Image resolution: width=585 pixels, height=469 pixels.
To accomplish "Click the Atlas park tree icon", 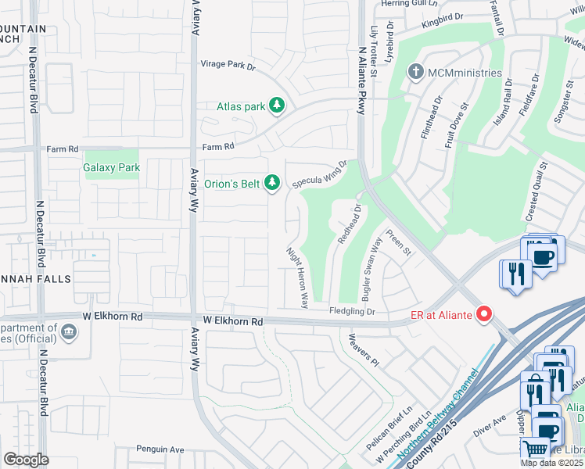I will point(276,106).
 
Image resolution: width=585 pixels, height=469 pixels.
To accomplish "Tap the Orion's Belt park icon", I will point(271,183).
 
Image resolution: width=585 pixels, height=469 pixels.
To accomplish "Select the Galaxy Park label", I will point(112,167).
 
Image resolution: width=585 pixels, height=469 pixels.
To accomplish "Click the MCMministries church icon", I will point(415,73).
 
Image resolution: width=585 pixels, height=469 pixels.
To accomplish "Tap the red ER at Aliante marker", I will point(484,314).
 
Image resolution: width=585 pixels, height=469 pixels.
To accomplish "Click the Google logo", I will point(25,459).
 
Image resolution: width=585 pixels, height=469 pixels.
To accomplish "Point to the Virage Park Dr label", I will point(228,65).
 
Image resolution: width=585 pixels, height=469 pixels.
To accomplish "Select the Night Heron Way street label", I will point(297,277).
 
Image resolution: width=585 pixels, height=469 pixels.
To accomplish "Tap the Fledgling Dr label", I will point(352,311).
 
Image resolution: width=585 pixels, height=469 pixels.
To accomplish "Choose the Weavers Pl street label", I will point(364,351).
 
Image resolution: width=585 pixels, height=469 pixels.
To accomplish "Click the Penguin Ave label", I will point(160,449).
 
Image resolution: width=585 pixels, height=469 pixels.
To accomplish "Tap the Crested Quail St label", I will point(537,188).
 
